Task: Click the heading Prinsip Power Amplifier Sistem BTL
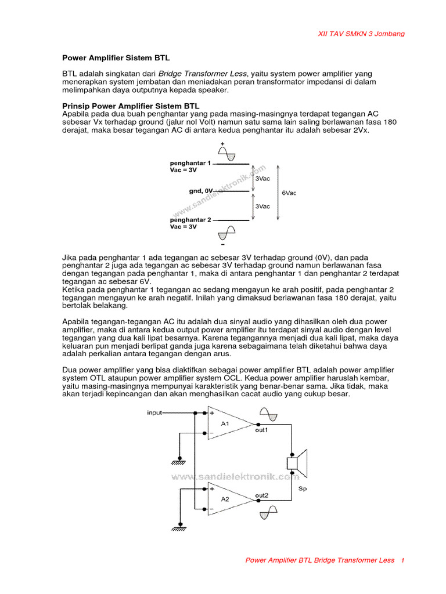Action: (130, 107)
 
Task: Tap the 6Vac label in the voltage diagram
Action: (289, 193)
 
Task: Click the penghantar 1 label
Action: (190, 164)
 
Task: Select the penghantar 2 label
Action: (190, 220)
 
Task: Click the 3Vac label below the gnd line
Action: (262, 206)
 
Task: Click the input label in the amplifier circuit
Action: (154, 413)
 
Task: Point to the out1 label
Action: (262, 431)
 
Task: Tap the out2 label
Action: (262, 495)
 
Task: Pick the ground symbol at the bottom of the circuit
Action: (178, 528)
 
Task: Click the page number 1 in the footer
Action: (402, 560)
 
